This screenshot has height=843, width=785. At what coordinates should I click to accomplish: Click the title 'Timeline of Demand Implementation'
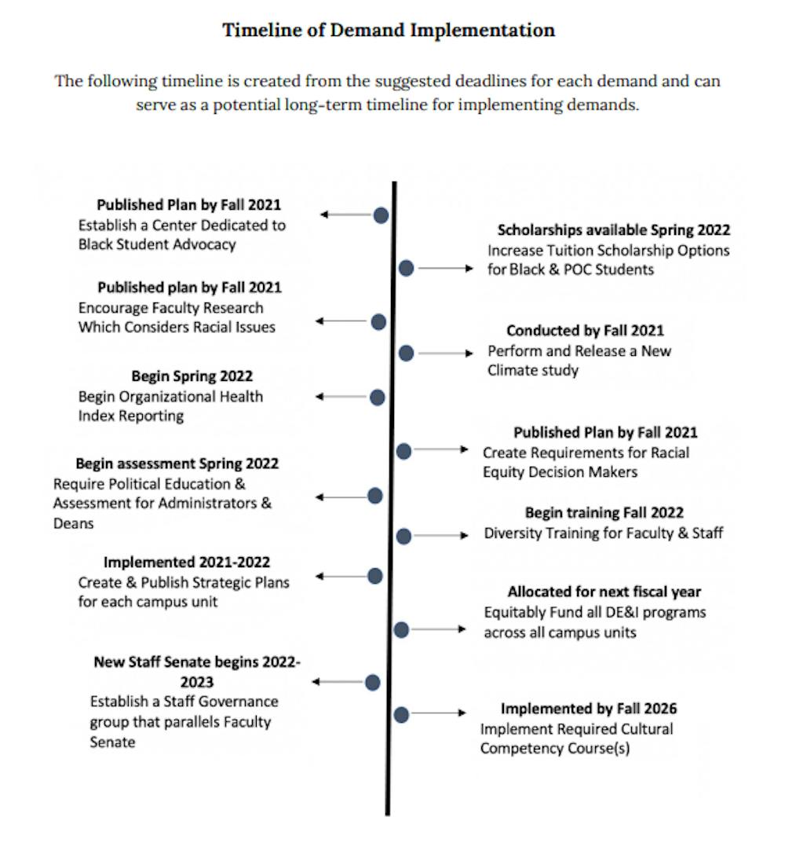point(389,31)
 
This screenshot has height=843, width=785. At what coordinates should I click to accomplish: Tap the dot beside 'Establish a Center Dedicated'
point(381,214)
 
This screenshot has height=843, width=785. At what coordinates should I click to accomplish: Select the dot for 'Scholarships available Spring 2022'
point(406,268)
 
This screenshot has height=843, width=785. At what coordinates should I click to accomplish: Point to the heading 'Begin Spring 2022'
point(192,376)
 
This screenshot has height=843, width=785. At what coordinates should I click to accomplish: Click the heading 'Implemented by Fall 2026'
point(589,709)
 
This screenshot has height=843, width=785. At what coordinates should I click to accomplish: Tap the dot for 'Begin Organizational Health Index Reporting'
point(377,398)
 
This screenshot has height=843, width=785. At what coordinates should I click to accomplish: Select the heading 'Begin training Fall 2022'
point(604,513)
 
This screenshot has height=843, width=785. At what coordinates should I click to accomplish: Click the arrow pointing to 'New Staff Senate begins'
point(338,682)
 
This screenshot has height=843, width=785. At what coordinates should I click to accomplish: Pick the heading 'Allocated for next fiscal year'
point(604,592)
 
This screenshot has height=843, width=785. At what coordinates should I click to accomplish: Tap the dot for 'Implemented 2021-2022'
point(374,576)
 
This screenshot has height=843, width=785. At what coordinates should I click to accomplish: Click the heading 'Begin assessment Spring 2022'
point(177,464)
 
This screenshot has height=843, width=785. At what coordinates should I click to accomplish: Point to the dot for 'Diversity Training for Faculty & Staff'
point(403,536)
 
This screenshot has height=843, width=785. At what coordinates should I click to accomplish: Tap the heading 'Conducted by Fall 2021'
point(585,331)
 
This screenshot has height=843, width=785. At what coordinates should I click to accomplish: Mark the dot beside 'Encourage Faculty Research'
point(378,321)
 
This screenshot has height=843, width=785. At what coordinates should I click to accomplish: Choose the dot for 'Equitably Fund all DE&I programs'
point(401,629)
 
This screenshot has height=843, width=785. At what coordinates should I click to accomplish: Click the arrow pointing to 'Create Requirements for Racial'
point(442,449)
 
